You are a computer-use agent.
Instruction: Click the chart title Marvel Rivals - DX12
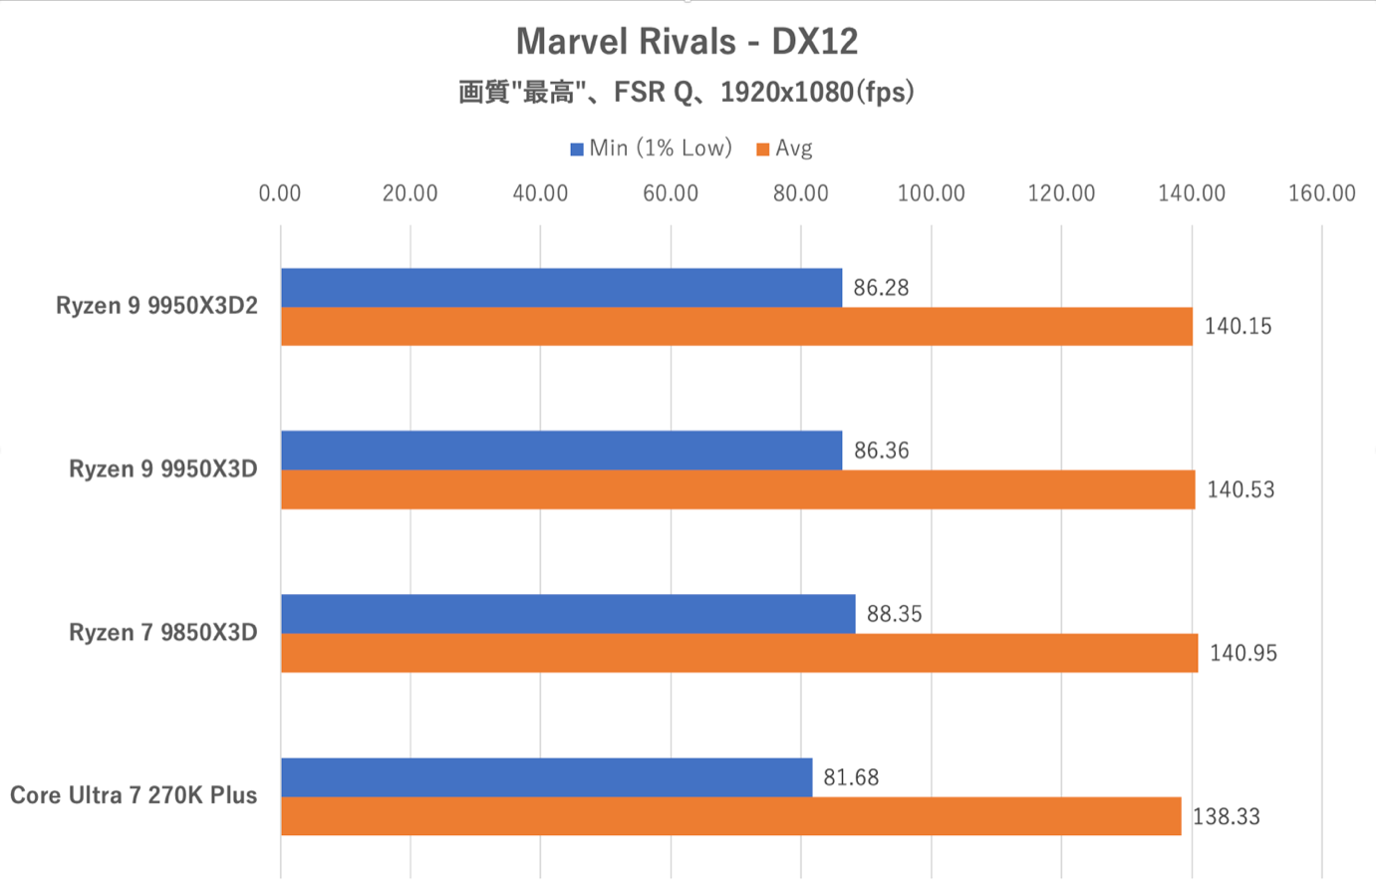[687, 41]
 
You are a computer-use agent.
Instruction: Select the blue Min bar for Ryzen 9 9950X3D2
[561, 287]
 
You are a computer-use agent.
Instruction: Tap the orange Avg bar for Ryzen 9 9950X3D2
[736, 326]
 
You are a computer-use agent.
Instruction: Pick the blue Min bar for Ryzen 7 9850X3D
[568, 614]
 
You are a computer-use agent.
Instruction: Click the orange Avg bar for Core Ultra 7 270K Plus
[730, 816]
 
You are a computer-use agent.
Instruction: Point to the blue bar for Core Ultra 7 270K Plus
[546, 777]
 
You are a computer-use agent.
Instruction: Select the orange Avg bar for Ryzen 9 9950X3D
[737, 489]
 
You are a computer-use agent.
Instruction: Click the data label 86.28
[881, 288]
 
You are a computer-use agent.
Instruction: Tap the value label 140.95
[1242, 654]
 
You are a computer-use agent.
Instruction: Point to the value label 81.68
[851, 777]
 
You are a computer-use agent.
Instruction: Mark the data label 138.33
[1226, 817]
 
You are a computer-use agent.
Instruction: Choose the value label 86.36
[881, 450]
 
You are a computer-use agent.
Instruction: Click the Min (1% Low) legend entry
[652, 149]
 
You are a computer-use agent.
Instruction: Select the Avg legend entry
[785, 149]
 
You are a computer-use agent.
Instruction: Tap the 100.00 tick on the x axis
[931, 193]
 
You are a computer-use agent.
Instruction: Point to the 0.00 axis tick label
[280, 193]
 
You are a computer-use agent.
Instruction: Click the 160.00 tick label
[1321, 193]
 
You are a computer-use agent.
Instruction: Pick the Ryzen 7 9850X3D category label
[163, 633]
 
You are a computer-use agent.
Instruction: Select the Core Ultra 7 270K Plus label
[134, 795]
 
